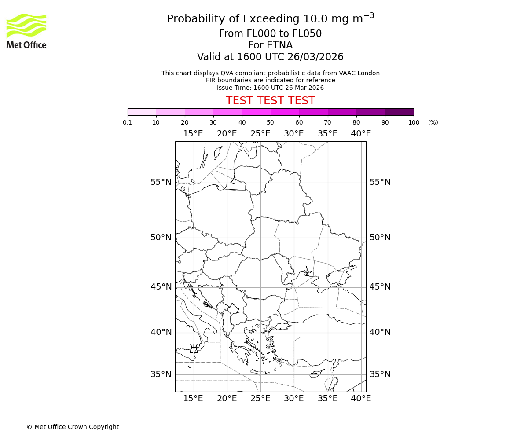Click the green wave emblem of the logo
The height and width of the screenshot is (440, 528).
[x=26, y=26]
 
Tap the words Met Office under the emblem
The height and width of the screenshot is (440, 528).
[x=26, y=45]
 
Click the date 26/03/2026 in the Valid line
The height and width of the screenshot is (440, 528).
[x=315, y=57]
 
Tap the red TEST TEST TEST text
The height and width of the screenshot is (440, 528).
[x=270, y=101]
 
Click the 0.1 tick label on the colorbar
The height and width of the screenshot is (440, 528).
[x=128, y=123]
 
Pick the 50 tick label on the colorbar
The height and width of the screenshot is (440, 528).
[x=270, y=123]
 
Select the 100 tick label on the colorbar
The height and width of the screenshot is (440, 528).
[x=414, y=123]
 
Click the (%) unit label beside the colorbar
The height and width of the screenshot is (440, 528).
[x=433, y=123]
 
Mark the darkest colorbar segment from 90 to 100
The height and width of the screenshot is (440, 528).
[x=399, y=112]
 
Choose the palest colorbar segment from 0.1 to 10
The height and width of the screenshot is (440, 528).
[x=142, y=112]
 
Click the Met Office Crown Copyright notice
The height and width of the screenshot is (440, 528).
[x=73, y=427]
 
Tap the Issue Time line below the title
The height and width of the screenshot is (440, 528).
[x=270, y=88]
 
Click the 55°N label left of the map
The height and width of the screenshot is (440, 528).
[x=161, y=182]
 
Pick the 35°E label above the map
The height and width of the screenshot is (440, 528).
[x=327, y=134]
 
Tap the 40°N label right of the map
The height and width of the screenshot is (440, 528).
[x=380, y=332]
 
